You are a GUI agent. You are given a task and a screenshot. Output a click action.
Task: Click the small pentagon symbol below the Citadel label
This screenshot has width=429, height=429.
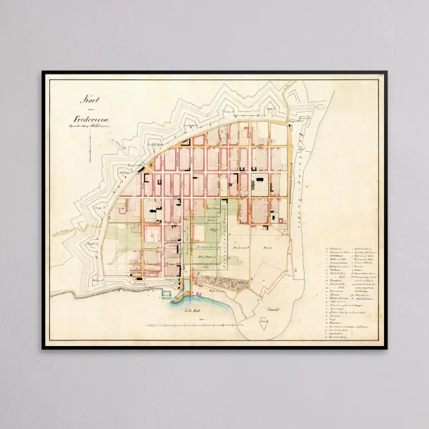pyautogui.click(x=263, y=323)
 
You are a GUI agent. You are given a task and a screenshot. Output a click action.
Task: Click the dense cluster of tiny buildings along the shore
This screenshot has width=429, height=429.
pyautogui.click(x=222, y=285)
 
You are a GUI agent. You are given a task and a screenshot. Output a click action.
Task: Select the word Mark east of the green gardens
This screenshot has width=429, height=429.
pyautogui.click(x=267, y=248)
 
